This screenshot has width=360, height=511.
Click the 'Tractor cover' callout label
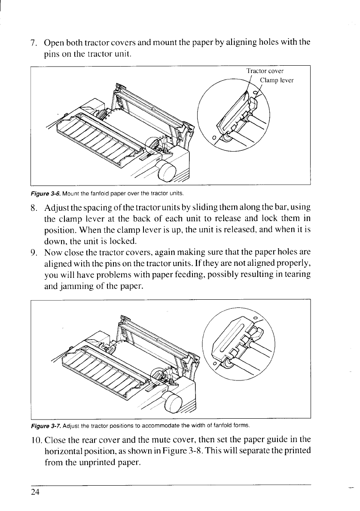pos(265,71)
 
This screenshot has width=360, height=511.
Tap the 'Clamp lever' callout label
pos(277,79)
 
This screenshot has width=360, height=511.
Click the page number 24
pos(35,493)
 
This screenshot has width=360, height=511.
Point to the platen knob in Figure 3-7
pos(177,402)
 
